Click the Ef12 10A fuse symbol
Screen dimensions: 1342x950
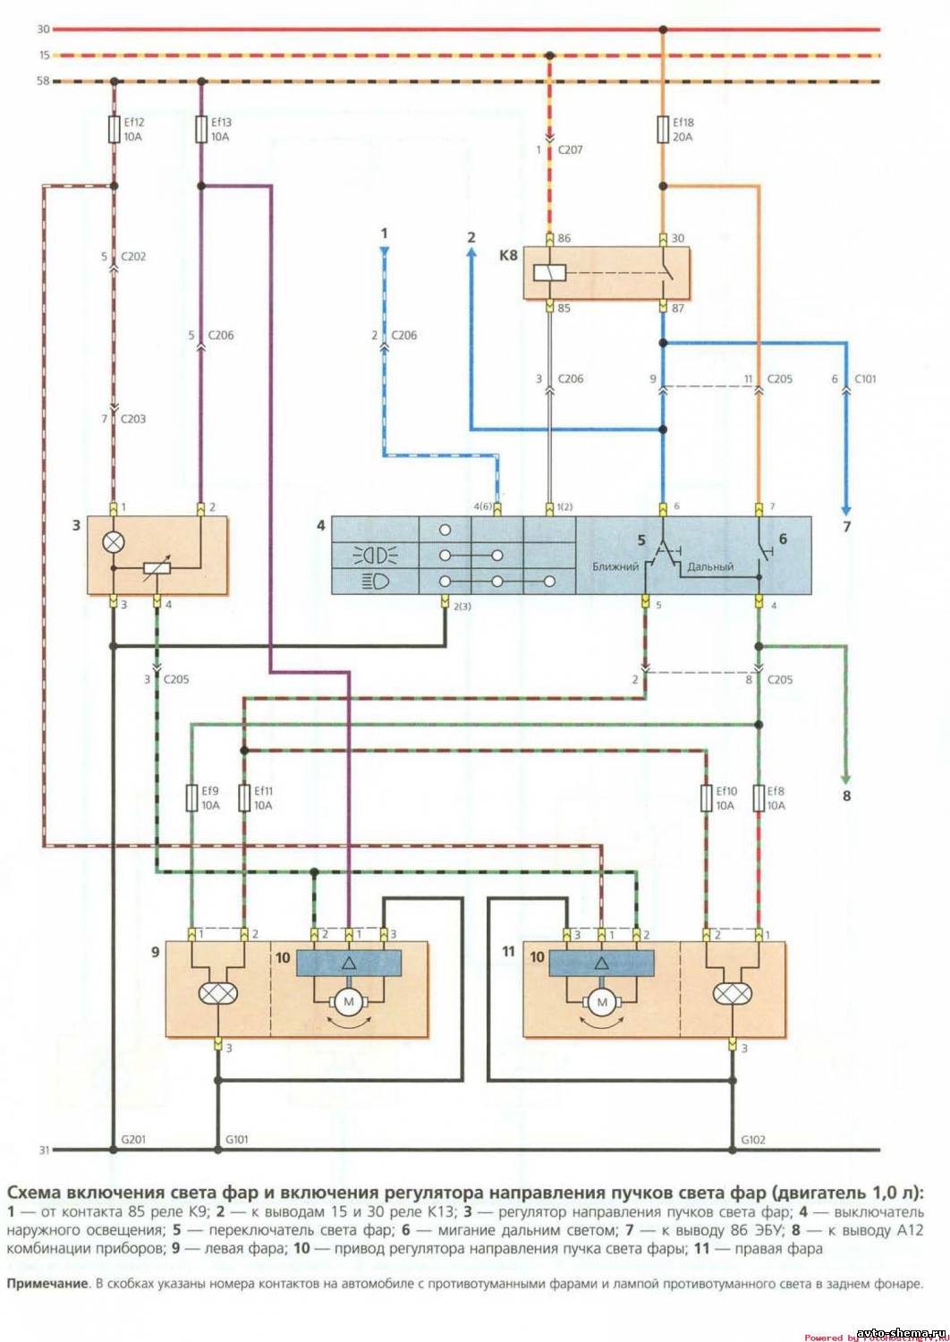coord(114,129)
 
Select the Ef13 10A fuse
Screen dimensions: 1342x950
coord(200,129)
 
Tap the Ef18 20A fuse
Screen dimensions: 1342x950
coord(663,129)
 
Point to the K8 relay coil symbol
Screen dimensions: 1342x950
coord(544,273)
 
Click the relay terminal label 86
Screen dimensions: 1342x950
coord(564,238)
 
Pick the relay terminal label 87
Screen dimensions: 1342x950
coord(678,308)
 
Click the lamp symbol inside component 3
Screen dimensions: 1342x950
coord(114,542)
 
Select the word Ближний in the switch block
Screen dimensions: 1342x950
coord(615,566)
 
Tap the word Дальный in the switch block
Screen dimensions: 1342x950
coord(710,566)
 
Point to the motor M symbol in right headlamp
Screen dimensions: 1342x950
coord(602,1002)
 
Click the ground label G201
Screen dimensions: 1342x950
coord(133,1139)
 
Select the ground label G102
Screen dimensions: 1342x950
coord(753,1139)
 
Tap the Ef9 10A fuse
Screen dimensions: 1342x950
coord(191,798)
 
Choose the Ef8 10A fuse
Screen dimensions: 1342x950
coord(759,798)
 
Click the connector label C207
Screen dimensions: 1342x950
coord(570,149)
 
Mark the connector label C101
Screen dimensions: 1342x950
coord(865,378)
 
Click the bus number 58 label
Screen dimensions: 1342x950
coord(43,81)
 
